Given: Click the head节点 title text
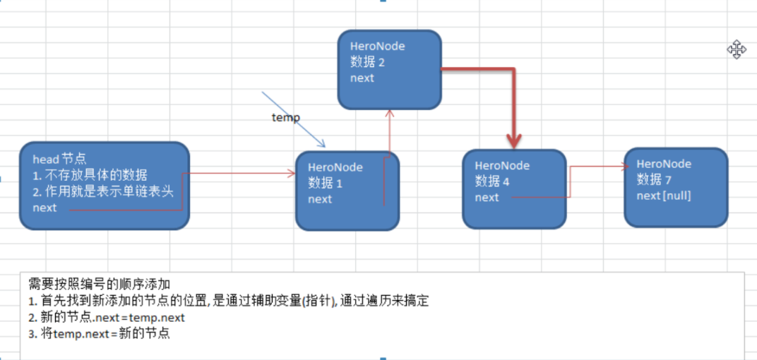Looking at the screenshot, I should pos(59,160).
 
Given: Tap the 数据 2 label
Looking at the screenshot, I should pos(367,62).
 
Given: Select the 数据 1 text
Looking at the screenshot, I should pos(325,184).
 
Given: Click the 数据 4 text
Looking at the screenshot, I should pos(492,181).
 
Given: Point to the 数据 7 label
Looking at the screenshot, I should pos(654,179).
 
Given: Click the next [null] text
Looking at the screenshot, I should pos(663,196).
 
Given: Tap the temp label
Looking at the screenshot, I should pos(286,117).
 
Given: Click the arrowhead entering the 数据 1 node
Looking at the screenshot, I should pos(291,173).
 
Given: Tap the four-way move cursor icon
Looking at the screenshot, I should pos(737,49).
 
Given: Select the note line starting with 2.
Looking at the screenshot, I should pos(107,318).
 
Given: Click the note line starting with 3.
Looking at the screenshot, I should pos(100,334).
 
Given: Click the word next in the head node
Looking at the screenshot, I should pos(44,208).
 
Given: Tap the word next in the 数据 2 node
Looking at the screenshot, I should pos(362,78).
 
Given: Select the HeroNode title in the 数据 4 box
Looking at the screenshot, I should pos(502,165).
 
